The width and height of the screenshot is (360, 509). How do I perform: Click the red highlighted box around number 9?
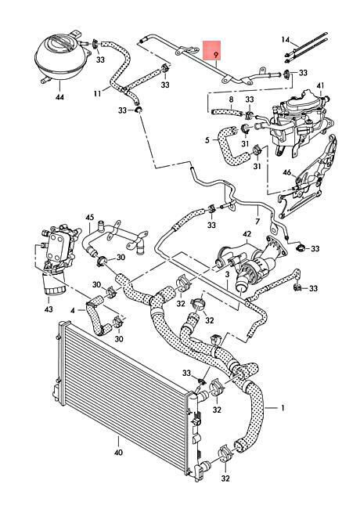(212, 50)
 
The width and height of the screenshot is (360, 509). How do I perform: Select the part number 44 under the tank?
(60, 96)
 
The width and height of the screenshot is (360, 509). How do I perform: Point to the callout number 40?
(119, 452)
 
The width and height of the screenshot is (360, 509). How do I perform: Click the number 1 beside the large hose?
(283, 408)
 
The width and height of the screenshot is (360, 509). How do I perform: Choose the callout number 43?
(49, 309)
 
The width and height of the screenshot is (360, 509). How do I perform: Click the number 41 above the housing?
(320, 86)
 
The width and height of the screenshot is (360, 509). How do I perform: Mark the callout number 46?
(287, 172)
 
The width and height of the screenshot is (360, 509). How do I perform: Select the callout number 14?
(286, 40)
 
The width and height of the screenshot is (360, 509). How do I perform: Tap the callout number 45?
(89, 217)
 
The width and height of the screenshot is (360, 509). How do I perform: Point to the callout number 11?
(98, 93)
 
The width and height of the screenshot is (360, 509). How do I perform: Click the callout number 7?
(257, 222)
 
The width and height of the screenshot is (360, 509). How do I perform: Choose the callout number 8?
(231, 99)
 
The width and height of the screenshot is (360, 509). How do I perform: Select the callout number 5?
(207, 140)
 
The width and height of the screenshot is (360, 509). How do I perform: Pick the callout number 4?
(73, 311)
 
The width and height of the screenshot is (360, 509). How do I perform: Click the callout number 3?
(228, 275)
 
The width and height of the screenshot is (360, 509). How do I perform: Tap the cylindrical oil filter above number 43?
(53, 283)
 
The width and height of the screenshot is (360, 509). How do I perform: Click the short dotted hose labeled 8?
(227, 112)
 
